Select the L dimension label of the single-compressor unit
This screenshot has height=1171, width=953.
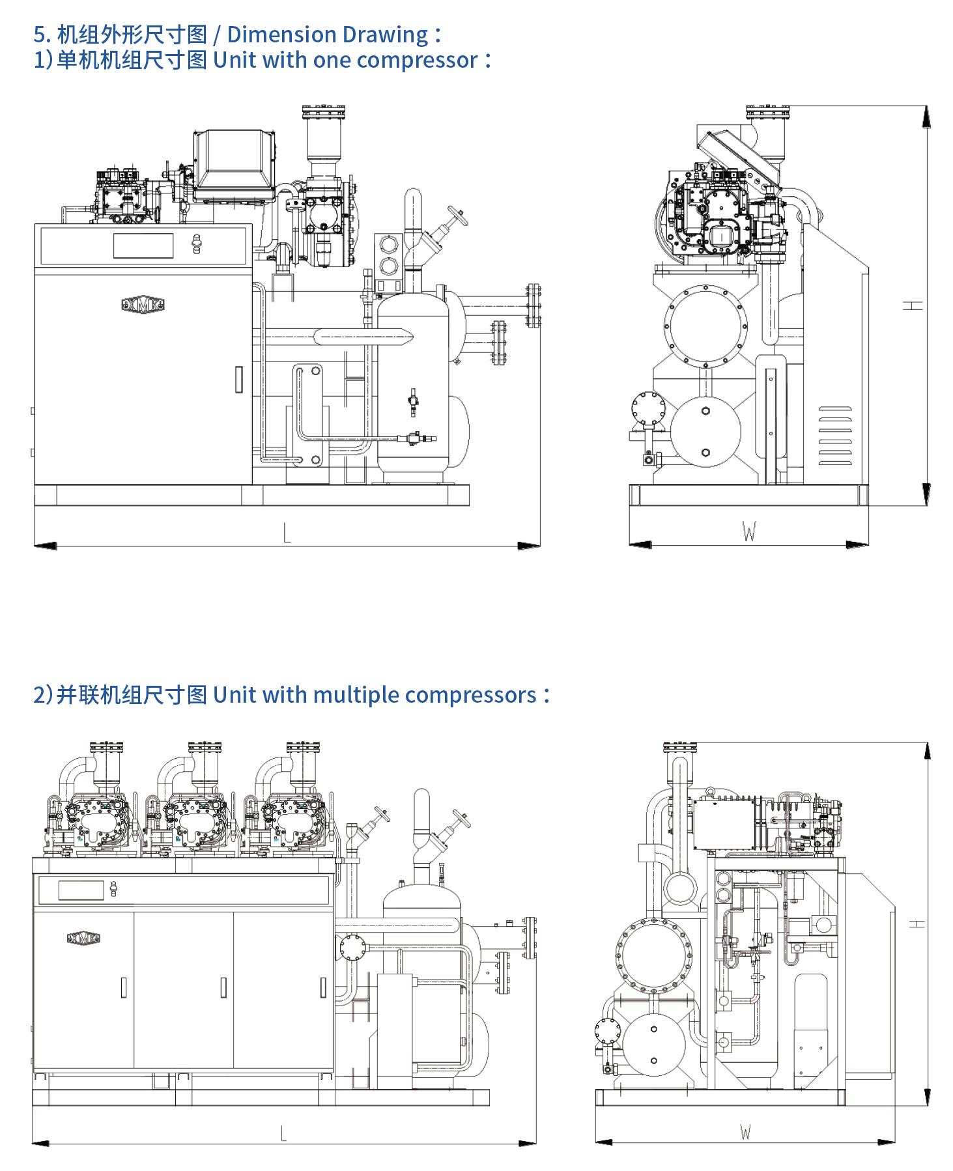[x=287, y=533]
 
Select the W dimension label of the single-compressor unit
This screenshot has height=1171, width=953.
[x=749, y=533]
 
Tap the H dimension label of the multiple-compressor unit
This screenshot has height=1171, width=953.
[x=917, y=924]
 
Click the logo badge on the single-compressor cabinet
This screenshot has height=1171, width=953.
[x=143, y=304]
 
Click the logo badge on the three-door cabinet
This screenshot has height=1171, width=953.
[x=83, y=938]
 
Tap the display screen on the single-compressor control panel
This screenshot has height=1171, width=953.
[x=143, y=246]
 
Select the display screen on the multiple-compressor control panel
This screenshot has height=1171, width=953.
[x=81, y=890]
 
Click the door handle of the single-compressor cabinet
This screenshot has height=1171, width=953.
[x=239, y=379]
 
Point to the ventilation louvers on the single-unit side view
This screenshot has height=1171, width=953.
[x=834, y=436]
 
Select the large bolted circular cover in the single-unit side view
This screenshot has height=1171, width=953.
[x=706, y=324]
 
